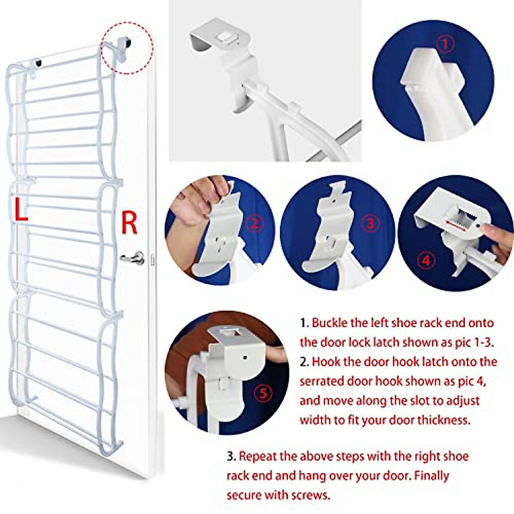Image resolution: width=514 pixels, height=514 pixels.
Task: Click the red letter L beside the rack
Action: coord(20,209)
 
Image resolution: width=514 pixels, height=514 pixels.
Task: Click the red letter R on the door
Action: coord(129,222)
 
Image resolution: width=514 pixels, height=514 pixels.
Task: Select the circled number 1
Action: coord(446,45)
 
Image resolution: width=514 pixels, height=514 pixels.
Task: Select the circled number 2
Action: coord(254,223)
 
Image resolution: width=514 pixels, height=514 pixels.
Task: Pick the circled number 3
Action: coord(371,223)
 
